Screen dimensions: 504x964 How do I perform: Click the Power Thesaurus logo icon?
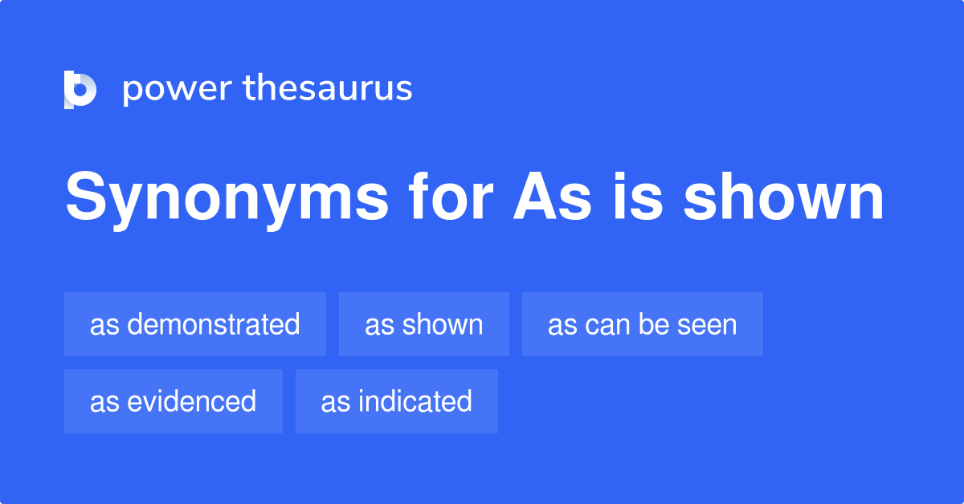tap(80, 89)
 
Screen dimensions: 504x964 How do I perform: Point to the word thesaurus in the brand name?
tap(328, 88)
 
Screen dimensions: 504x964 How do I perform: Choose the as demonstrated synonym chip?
tap(195, 324)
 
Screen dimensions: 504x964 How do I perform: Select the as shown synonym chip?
tap(424, 324)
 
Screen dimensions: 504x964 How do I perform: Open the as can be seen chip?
tap(643, 324)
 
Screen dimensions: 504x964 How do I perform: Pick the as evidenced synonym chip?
tap(174, 401)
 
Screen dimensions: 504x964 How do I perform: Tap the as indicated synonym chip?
tap(397, 401)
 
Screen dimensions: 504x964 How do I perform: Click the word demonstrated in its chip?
tap(214, 324)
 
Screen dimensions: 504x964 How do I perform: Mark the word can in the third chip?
tap(607, 324)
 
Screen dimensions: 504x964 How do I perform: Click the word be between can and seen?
tap(652, 324)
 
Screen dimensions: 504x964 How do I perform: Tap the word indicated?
tap(415, 401)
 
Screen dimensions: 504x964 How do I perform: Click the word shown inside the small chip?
tap(443, 324)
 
